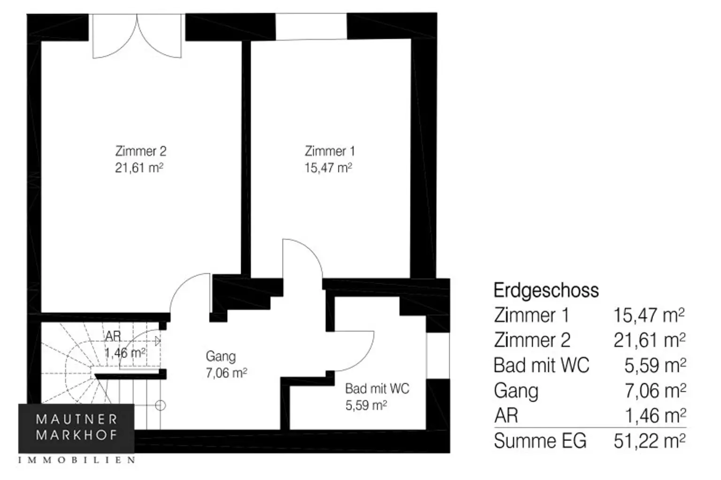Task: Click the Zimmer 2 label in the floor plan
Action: (x=141, y=151)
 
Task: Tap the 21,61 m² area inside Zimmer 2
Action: (x=139, y=168)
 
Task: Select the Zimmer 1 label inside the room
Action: (x=330, y=151)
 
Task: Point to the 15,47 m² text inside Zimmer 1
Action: (x=328, y=168)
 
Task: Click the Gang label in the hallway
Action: (x=221, y=357)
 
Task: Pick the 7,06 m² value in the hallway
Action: (x=226, y=373)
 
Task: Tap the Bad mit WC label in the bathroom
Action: (x=377, y=389)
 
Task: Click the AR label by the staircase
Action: (x=113, y=336)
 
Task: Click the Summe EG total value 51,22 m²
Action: (x=650, y=441)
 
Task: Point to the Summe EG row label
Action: (x=540, y=441)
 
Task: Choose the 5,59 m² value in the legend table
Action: (x=655, y=366)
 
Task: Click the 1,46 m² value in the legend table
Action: (x=655, y=416)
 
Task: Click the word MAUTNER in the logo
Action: (x=77, y=419)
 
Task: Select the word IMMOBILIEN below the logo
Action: (x=77, y=460)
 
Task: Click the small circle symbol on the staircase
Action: (x=160, y=405)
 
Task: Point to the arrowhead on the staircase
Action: (x=158, y=341)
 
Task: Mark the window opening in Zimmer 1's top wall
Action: (x=311, y=26)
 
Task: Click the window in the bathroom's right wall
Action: (x=438, y=356)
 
